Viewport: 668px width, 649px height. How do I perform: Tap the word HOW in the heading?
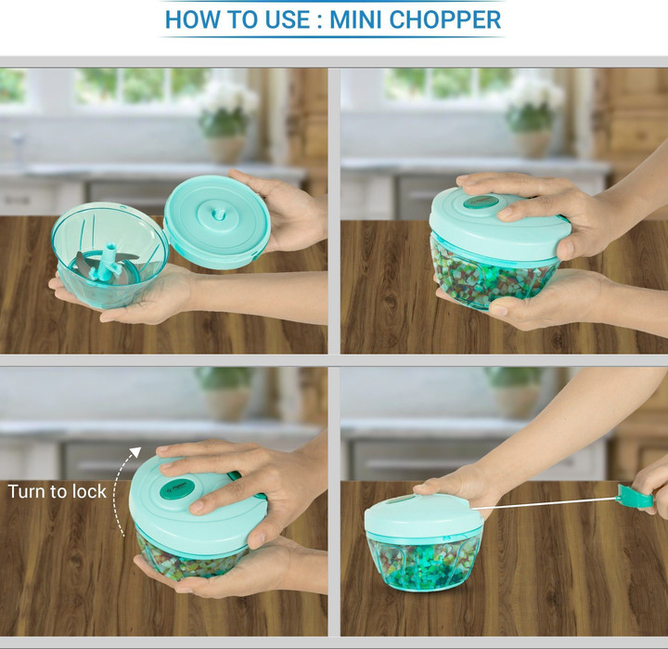[x=193, y=19]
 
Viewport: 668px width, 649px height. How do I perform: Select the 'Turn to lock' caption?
[x=58, y=492]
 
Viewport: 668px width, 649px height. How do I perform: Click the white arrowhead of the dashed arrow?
[x=135, y=452]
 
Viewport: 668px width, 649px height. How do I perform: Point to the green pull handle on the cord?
[x=635, y=497]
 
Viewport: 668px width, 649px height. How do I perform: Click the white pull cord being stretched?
[x=544, y=503]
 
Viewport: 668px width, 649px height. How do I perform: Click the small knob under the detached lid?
[x=219, y=214]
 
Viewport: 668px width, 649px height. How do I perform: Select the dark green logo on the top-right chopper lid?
[x=481, y=201]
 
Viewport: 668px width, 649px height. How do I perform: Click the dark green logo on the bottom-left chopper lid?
[x=177, y=489]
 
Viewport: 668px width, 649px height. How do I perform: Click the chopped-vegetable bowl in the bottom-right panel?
[x=423, y=562]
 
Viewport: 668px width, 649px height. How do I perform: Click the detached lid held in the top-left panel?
[x=217, y=222]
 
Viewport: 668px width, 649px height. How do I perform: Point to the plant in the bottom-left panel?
[x=225, y=380]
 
